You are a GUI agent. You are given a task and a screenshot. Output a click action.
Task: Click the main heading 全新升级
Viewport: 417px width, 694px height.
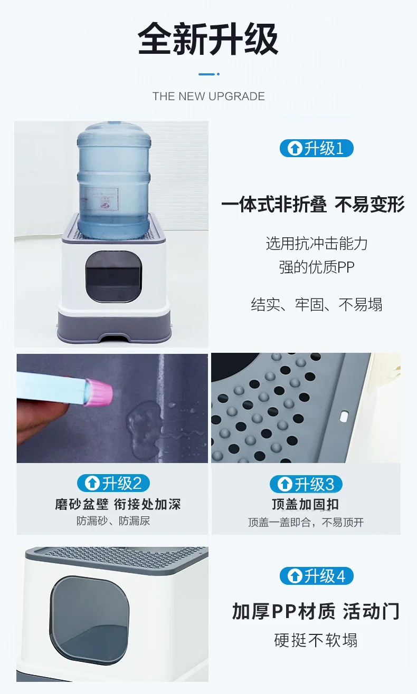point(208,38)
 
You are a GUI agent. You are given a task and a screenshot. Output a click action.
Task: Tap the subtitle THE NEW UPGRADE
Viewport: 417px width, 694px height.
point(209,97)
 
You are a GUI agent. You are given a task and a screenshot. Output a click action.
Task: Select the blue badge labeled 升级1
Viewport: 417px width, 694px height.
point(317,148)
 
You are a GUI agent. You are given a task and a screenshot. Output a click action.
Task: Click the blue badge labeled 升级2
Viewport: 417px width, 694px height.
point(113,483)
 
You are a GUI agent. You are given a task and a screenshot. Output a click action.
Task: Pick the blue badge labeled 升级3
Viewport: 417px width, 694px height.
point(306,484)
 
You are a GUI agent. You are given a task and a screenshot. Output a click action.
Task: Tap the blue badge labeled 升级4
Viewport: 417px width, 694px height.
point(317,576)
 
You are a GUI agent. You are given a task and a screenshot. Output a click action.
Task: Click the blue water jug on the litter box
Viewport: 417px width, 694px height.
point(114,180)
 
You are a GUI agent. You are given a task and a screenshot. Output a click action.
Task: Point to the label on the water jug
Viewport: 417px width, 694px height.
point(100,199)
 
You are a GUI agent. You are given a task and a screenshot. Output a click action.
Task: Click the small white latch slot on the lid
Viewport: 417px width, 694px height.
point(344,416)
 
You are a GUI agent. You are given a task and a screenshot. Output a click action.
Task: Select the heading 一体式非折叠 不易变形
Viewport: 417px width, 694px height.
point(313,205)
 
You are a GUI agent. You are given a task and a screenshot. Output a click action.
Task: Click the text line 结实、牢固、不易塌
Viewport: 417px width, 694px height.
point(317,304)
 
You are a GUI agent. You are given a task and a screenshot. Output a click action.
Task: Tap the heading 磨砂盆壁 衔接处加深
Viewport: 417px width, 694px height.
point(118,504)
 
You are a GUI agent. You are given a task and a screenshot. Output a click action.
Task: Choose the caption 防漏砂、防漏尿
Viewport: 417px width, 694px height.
point(113,521)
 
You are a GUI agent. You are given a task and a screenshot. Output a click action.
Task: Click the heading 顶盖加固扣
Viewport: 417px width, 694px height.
point(306,504)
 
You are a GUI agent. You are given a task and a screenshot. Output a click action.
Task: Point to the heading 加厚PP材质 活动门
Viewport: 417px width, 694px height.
point(316,611)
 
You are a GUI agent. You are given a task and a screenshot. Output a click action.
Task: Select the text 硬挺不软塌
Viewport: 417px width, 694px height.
point(316,640)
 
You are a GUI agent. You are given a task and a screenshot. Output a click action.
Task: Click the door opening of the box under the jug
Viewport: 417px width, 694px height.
point(113,277)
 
